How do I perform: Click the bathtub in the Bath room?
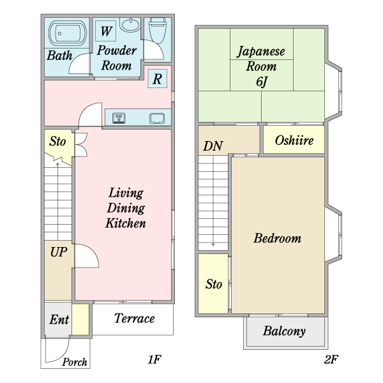68,33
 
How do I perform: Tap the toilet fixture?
158,30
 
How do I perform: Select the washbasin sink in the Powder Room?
130,24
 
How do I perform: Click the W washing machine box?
105,31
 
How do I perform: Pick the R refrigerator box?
157,79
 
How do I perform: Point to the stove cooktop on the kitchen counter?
119,118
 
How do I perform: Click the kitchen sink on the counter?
157,118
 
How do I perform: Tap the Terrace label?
134,319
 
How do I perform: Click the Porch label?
75,362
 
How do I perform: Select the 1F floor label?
154,359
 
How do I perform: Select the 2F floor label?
331,359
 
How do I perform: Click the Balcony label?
284,331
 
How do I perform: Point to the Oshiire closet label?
294,140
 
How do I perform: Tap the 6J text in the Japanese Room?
261,82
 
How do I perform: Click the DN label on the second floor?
213,146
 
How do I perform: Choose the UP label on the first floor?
59,252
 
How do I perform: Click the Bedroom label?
277,238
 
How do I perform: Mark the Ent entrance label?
59,319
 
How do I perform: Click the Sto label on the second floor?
214,284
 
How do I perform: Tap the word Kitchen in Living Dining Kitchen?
126,223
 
